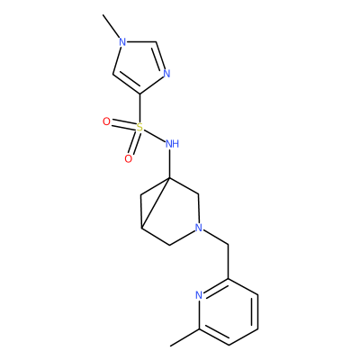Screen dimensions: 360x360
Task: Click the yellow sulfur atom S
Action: click(x=139, y=128)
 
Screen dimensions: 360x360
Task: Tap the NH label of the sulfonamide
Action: click(x=172, y=144)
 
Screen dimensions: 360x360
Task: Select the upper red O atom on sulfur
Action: click(x=106, y=121)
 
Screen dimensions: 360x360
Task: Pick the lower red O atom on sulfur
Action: click(x=129, y=159)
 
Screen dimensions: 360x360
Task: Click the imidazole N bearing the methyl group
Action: click(x=122, y=42)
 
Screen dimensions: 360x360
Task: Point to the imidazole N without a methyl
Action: click(x=166, y=74)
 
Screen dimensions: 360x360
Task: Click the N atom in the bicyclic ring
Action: click(x=198, y=228)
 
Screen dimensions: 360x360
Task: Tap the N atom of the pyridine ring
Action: click(x=199, y=295)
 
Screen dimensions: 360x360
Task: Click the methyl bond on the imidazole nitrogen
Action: click(x=112, y=26)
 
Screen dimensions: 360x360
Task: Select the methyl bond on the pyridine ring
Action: click(x=184, y=337)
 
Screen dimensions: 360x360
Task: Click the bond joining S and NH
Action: click(x=154, y=135)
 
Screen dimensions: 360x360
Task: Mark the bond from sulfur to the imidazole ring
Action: click(x=139, y=108)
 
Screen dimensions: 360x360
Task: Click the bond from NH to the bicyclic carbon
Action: click(x=169, y=164)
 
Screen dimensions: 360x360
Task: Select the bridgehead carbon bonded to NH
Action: click(x=169, y=178)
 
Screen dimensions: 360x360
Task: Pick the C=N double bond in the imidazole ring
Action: click(x=159, y=56)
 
